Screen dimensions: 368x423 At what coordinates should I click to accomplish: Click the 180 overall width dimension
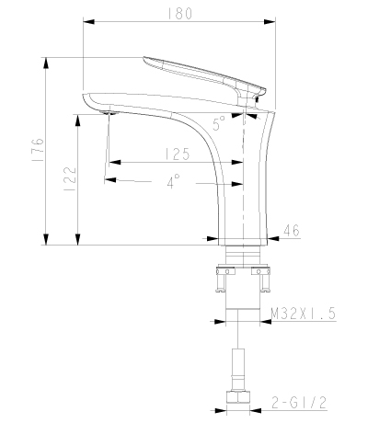(x=179, y=13)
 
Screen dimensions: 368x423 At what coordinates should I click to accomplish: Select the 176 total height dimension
(x=38, y=150)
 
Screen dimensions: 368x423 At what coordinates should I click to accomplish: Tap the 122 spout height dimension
(x=70, y=179)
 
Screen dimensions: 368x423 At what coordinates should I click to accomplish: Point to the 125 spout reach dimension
(x=178, y=154)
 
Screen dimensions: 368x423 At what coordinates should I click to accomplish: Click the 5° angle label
(x=219, y=123)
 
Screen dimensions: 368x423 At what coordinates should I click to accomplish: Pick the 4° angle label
(x=174, y=181)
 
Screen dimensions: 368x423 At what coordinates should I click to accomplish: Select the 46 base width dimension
(x=291, y=231)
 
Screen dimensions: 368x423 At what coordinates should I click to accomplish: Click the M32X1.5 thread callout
(x=304, y=314)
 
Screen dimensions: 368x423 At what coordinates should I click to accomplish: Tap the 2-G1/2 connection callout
(x=299, y=403)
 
